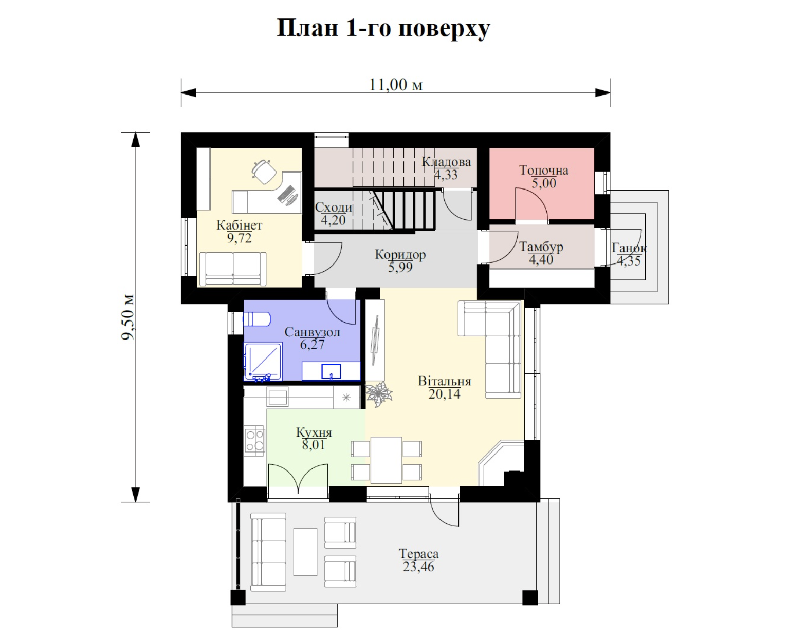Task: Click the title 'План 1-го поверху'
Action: pyautogui.click(x=383, y=28)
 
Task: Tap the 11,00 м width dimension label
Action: pyautogui.click(x=396, y=85)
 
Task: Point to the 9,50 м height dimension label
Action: pyautogui.click(x=128, y=317)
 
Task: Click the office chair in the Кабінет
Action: pyautogui.click(x=264, y=172)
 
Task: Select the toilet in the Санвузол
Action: pyautogui.click(x=256, y=319)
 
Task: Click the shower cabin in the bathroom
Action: pyautogui.click(x=263, y=362)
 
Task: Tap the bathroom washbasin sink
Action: pyautogui.click(x=331, y=371)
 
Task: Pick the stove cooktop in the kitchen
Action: pyautogui.click(x=254, y=441)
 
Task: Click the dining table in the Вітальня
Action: pyautogui.click(x=386, y=460)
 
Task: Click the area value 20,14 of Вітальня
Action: pyautogui.click(x=445, y=394)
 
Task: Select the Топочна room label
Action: pyautogui.click(x=544, y=170)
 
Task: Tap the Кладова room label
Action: pyautogui.click(x=446, y=162)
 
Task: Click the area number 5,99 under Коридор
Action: pyautogui.click(x=400, y=267)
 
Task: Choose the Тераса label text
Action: pyautogui.click(x=418, y=554)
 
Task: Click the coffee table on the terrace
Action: pyautogui.click(x=305, y=552)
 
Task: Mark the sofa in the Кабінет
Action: pyautogui.click(x=233, y=269)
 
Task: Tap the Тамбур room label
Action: pyautogui.click(x=541, y=247)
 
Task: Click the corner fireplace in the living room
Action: pyautogui.click(x=501, y=464)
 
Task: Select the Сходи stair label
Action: pyautogui.click(x=334, y=208)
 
